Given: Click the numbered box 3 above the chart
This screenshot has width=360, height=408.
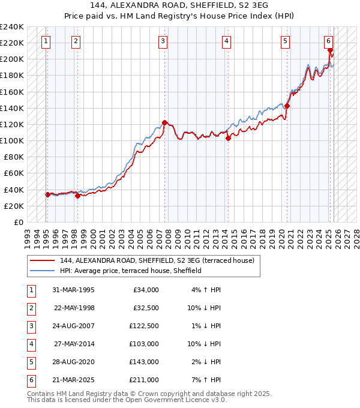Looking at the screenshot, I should point(163,41).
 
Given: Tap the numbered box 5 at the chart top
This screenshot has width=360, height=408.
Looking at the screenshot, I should point(284,41).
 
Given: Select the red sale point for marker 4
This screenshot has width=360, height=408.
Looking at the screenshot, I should point(228,138).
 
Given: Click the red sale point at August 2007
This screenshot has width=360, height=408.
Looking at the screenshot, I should point(164,122).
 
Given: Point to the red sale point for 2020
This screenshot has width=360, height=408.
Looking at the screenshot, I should point(287,106).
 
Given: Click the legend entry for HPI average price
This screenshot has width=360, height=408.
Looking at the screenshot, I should point(130,271).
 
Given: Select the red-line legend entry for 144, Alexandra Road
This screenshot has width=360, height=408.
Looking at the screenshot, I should point(157,260).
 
